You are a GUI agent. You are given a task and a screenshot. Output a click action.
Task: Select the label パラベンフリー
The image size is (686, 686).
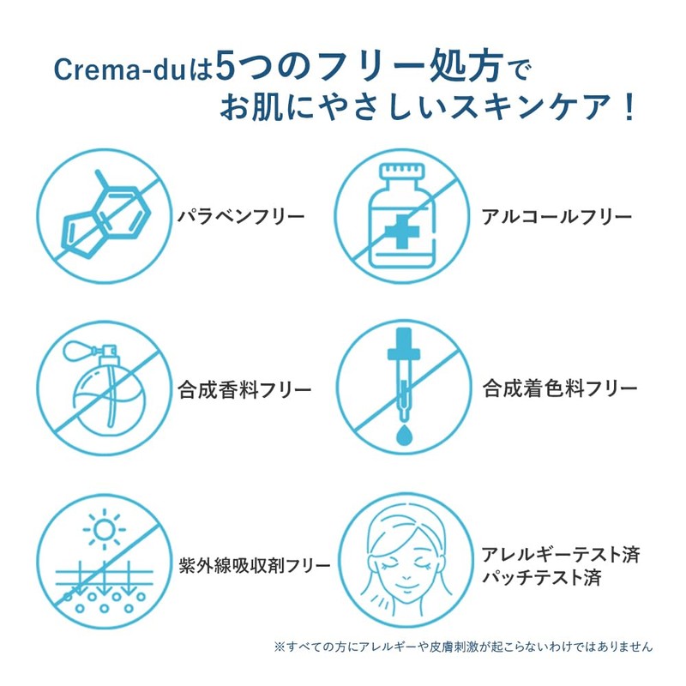(x=241, y=215)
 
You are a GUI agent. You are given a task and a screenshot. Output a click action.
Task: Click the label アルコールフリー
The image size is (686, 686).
(x=557, y=216)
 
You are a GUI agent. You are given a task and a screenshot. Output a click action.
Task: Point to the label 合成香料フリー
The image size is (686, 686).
(x=244, y=390)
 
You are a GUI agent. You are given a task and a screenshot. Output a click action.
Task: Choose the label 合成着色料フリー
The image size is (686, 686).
(x=560, y=388)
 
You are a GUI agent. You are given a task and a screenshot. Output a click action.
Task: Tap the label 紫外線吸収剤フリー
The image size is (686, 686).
(x=255, y=566)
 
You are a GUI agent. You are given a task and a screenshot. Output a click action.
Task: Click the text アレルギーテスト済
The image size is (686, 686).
(x=561, y=553)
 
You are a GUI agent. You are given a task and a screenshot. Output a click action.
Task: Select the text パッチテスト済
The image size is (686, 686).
(x=541, y=579)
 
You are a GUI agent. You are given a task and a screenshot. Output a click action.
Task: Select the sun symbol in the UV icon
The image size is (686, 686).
(x=105, y=528)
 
